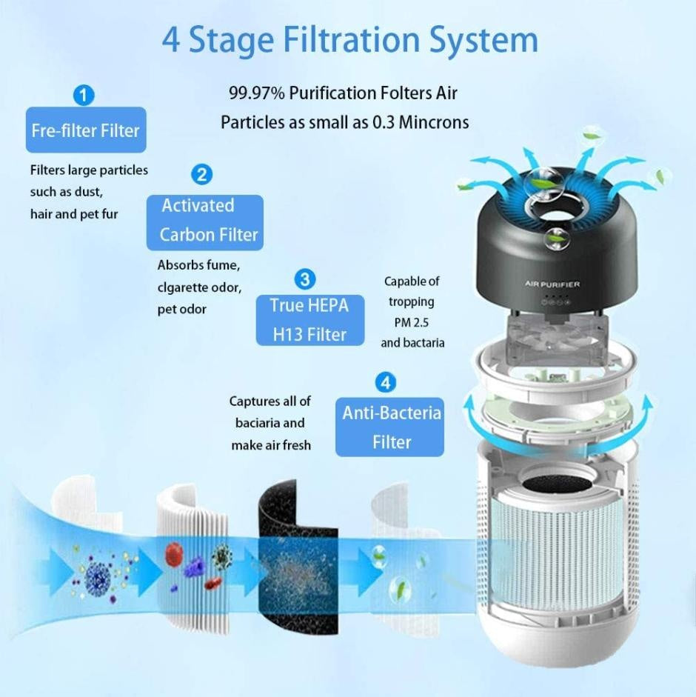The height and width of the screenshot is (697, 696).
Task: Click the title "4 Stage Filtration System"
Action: (x=349, y=40)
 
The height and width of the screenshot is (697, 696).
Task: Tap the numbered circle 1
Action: (x=84, y=95)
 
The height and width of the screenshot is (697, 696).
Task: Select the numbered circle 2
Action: (x=201, y=175)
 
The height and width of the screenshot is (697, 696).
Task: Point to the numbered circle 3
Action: (x=304, y=279)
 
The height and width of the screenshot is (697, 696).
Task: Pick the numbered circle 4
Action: (x=385, y=383)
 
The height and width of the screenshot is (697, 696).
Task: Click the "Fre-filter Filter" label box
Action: (x=85, y=131)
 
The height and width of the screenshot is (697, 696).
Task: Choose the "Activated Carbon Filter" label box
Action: (x=205, y=221)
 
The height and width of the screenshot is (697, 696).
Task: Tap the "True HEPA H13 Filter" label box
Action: (x=309, y=320)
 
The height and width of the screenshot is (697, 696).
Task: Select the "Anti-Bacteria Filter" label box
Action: (x=390, y=428)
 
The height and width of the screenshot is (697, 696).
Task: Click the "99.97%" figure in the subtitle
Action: (x=256, y=93)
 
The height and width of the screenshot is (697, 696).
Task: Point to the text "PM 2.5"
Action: (x=412, y=322)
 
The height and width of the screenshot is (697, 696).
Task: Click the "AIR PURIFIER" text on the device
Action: (x=552, y=284)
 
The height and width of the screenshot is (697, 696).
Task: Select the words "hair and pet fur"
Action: (x=74, y=214)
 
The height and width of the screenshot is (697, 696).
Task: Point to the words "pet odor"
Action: (x=182, y=309)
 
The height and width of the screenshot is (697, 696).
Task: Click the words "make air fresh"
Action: (x=271, y=445)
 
